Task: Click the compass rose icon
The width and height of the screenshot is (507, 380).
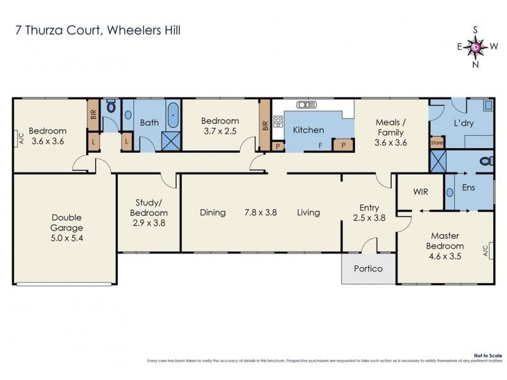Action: click(x=476, y=46)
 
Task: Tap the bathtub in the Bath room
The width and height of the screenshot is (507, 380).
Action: click(x=173, y=116)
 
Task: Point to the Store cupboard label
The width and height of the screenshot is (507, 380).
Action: click(x=435, y=142)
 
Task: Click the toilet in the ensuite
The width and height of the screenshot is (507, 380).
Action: click(x=485, y=161)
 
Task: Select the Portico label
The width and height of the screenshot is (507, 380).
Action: click(x=368, y=269)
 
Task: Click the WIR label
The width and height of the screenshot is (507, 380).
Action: click(x=421, y=190)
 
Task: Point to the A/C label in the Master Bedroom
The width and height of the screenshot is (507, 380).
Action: click(x=485, y=251)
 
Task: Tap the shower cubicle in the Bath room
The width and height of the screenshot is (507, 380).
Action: click(x=170, y=141)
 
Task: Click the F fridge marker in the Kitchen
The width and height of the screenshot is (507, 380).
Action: click(x=321, y=145)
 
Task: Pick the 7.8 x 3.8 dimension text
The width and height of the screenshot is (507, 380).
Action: click(x=260, y=213)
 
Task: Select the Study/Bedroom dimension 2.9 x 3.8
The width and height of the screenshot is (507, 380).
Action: click(x=150, y=223)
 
